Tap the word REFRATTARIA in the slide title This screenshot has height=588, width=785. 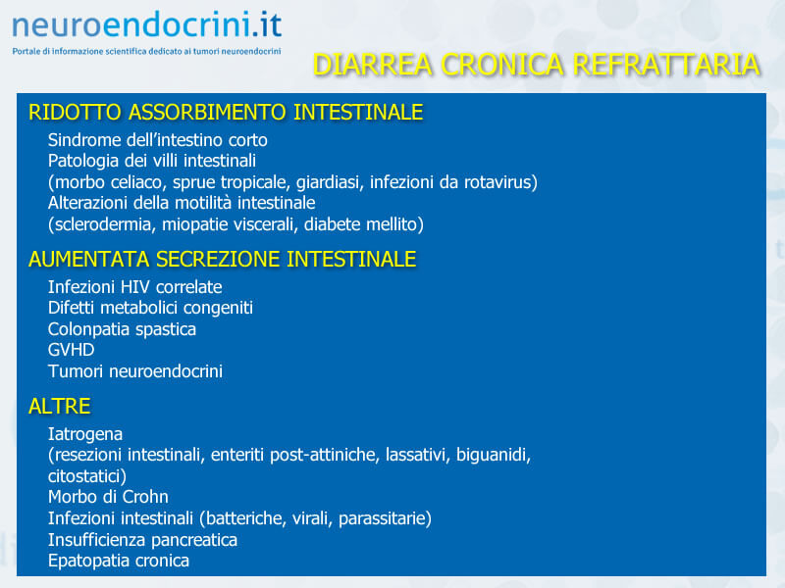666,65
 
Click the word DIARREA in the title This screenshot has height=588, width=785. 373,65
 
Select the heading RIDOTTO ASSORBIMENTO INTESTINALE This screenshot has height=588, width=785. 226,112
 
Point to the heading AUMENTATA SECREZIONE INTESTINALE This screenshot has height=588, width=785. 223,259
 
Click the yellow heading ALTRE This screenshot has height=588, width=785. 60,406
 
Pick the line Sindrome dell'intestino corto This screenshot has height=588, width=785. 158,140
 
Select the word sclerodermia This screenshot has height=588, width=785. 103,224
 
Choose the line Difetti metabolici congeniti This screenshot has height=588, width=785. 150,308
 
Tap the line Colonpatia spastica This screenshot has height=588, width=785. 122,329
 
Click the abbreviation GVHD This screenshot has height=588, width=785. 71,350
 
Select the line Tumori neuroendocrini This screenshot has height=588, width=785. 135,371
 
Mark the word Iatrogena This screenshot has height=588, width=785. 85,434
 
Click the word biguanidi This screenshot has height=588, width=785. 494,455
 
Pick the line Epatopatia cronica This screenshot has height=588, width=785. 119,561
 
